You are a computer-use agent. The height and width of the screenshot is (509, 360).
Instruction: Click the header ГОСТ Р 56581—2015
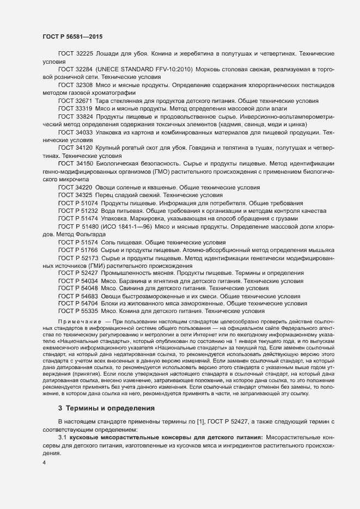point(72,36)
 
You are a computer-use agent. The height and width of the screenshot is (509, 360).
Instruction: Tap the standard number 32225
point(83,54)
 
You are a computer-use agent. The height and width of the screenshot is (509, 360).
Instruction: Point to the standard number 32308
point(83,85)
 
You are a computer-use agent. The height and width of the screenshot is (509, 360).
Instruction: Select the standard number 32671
point(83,101)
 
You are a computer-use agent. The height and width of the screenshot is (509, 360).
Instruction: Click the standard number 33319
point(83,109)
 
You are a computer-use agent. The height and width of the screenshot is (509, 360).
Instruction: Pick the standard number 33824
point(83,116)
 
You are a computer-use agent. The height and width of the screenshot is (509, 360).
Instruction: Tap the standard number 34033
point(83,132)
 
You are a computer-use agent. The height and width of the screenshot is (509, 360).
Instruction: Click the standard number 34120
point(83,148)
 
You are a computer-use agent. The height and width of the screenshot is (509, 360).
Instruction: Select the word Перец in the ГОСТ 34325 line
point(106,194)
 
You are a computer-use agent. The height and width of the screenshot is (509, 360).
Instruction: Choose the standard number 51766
point(87,249)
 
